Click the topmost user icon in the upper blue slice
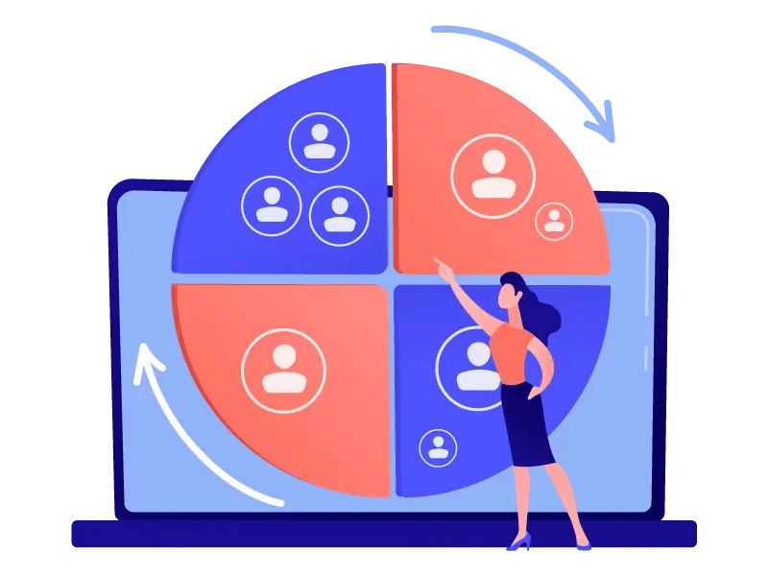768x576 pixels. tap(319, 142)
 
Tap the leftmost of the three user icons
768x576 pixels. tap(272, 205)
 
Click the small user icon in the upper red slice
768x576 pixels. tap(554, 220)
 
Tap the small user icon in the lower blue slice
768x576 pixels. tap(438, 447)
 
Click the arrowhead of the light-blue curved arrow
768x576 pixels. tap(602, 128)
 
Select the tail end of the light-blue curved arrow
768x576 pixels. tap(436, 30)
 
